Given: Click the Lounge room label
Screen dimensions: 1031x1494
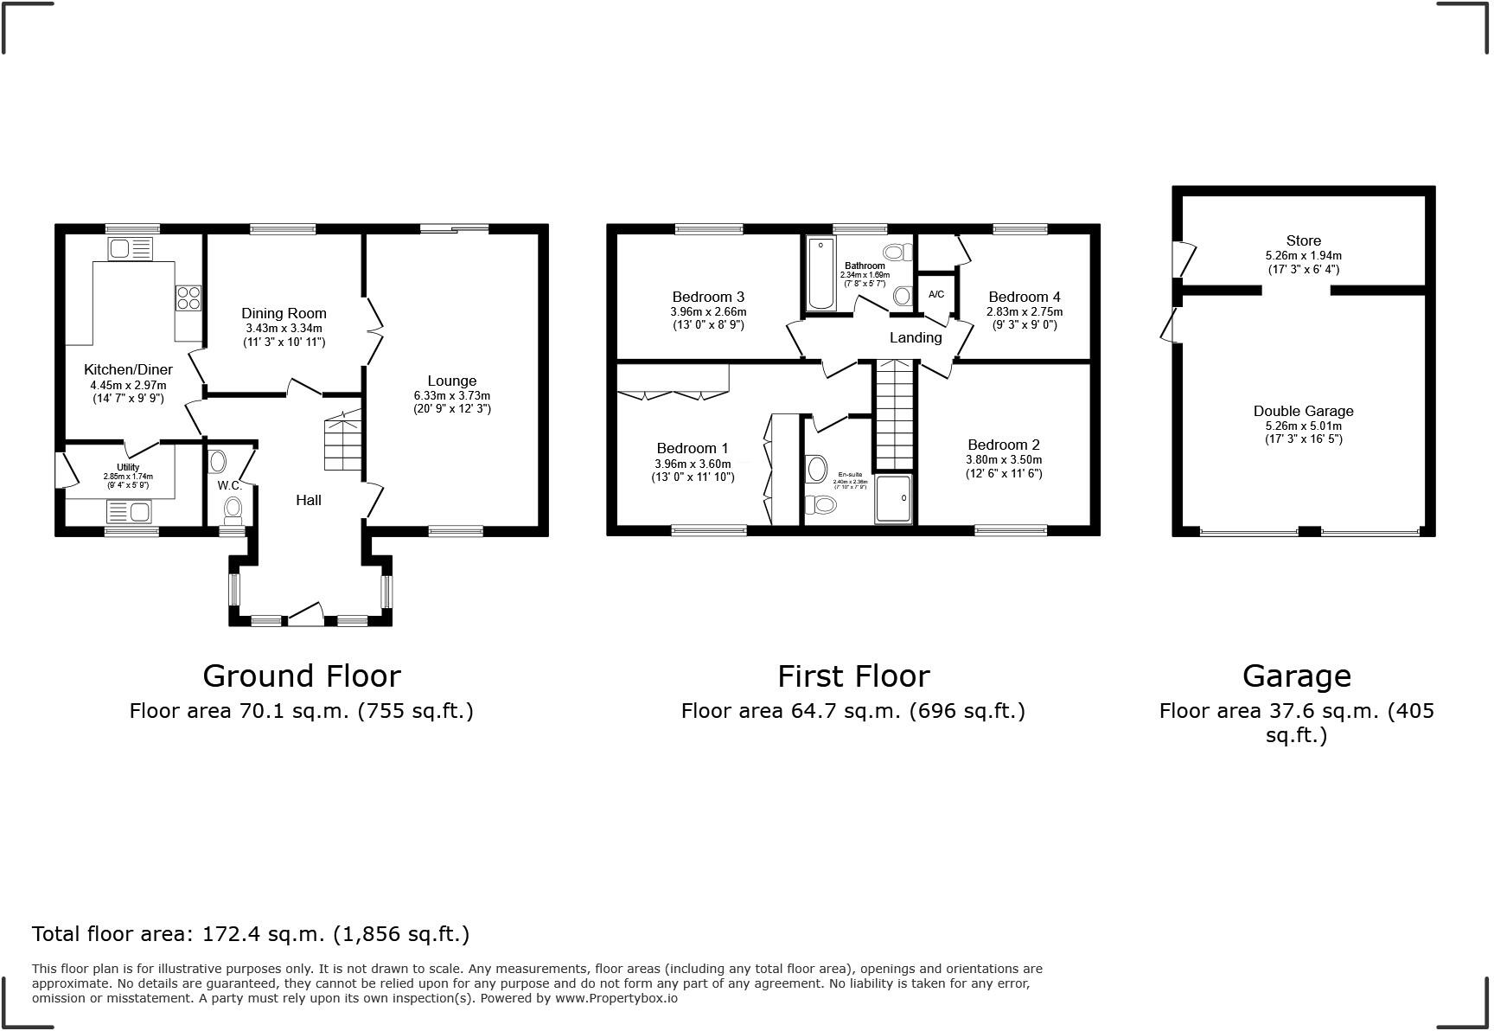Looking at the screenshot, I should pyautogui.click(x=451, y=381).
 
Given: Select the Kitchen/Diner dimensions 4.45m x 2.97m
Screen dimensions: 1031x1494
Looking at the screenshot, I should pyautogui.click(x=128, y=386).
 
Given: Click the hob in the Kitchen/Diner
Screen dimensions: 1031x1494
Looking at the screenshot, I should pyautogui.click(x=188, y=298).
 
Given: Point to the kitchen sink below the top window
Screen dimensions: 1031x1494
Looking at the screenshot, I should pyautogui.click(x=130, y=249).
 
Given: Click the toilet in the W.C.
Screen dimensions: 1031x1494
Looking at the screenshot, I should pyautogui.click(x=233, y=509).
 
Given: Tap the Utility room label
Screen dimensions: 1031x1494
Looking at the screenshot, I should pyautogui.click(x=128, y=467).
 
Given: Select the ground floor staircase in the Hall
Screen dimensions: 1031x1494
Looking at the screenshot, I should pyautogui.click(x=342, y=443).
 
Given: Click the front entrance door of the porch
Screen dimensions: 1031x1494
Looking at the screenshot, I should pyautogui.click(x=304, y=615).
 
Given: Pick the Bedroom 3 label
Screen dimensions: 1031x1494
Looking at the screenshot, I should pyautogui.click(x=708, y=297).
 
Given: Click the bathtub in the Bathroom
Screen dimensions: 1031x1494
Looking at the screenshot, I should pyautogui.click(x=820, y=272).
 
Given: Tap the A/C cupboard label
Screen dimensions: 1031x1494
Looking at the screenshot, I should pyautogui.click(x=936, y=294).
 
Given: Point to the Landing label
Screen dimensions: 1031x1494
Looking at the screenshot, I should pyautogui.click(x=916, y=337).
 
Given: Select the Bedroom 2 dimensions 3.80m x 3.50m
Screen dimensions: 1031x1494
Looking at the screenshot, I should pyautogui.click(x=1004, y=460).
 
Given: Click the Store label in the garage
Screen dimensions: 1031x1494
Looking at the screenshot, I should pyautogui.click(x=1303, y=240).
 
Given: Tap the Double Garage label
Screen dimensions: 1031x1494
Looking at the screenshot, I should pyautogui.click(x=1303, y=411).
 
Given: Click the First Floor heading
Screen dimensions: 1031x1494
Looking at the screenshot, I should pyautogui.click(x=852, y=676).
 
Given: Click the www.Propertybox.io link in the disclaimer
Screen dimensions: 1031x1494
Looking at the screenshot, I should pyautogui.click(x=616, y=998).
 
